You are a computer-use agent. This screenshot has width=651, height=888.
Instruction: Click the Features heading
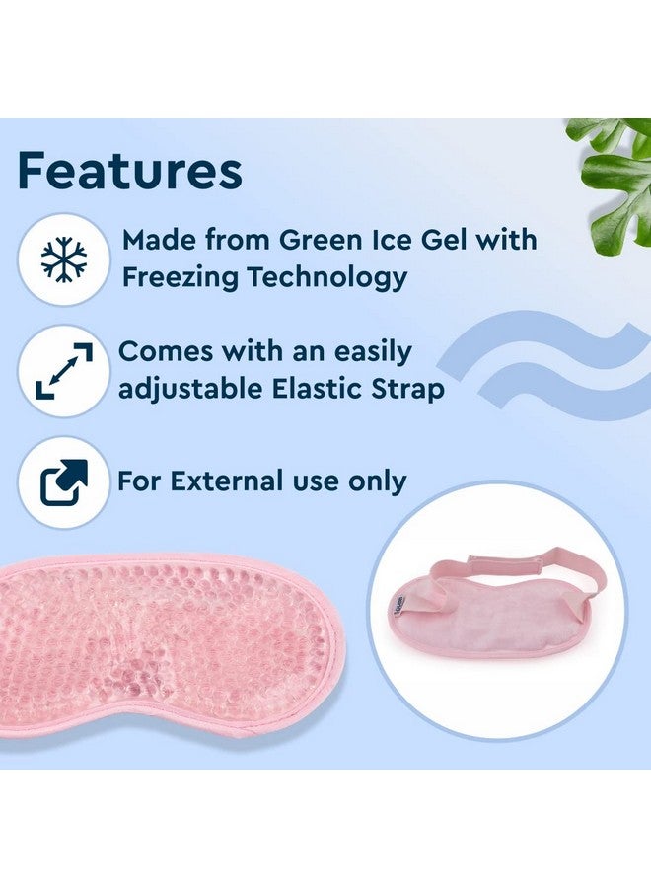pyautogui.click(x=130, y=170)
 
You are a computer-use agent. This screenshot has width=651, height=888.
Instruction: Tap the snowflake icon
pyautogui.click(x=64, y=260)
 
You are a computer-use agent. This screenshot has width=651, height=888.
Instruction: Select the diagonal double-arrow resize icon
pyautogui.click(x=63, y=371)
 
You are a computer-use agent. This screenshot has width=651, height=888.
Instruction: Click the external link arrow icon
pyautogui.click(x=63, y=482)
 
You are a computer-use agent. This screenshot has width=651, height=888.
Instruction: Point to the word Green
pyautogui.click(x=320, y=240)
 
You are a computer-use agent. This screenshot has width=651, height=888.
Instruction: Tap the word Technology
pyautogui.click(x=327, y=278)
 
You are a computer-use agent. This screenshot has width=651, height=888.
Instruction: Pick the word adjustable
pyautogui.click(x=190, y=390)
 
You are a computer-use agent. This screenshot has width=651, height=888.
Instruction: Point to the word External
pyautogui.click(x=227, y=481)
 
